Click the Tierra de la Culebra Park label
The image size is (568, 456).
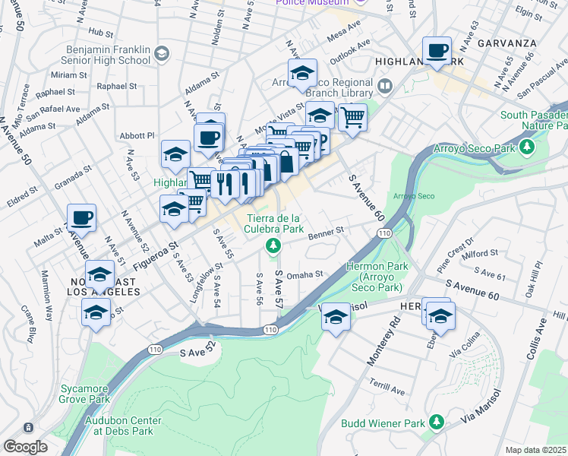point(274,223)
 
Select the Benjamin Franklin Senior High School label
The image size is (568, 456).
point(114,53)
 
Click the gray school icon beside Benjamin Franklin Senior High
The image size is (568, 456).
point(161,53)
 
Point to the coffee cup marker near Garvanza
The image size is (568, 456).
point(437,51)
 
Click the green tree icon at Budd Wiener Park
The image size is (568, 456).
point(436,422)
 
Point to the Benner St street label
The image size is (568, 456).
point(327,231)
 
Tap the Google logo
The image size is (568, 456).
point(25,447)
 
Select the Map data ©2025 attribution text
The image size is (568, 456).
point(536,450)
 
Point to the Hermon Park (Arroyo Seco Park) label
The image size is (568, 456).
point(377,277)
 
